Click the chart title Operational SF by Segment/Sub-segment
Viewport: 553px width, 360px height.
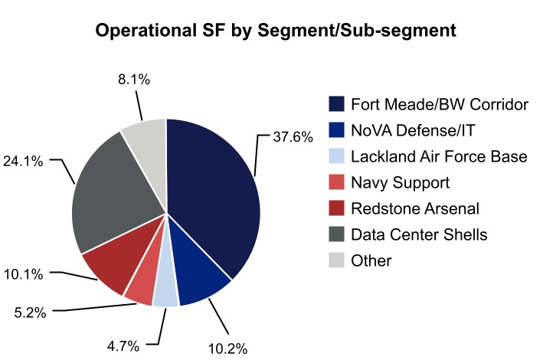click(x=276, y=31)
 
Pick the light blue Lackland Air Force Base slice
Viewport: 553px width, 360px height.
click(x=165, y=293)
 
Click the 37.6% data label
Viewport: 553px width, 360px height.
click(x=293, y=137)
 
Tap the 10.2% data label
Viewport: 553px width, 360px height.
click(x=227, y=349)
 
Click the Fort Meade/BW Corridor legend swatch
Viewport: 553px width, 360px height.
click(x=336, y=104)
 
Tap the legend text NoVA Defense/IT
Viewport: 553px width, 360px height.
click(x=407, y=130)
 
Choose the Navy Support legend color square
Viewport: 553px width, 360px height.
click(x=336, y=182)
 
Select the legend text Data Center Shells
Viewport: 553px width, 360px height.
click(x=419, y=234)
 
